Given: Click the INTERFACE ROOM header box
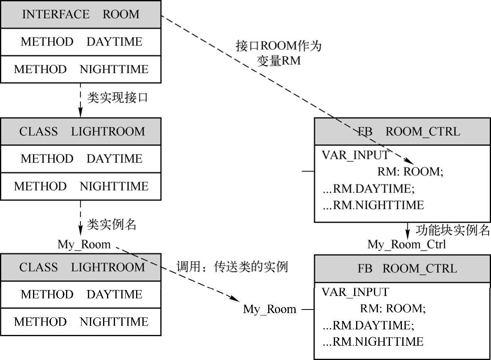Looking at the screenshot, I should pos(81,14).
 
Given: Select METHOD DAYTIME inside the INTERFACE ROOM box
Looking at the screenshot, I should pos(81,42).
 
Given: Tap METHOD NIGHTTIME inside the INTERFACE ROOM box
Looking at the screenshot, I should pos(81,69).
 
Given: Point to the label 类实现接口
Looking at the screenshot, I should pos(117,98).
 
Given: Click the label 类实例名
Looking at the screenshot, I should pos(111,225).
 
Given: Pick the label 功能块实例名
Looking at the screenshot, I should pos(452,230).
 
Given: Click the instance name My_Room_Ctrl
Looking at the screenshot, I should pos(407,244).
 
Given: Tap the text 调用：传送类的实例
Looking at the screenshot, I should pos(232,267).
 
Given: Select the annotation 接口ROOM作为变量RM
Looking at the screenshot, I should pos(279,53).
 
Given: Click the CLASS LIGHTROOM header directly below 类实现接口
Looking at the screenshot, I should pos(81,131).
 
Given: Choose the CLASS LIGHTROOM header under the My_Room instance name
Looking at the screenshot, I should pos(81,267).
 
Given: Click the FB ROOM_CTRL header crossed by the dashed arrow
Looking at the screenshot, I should pos(402,131).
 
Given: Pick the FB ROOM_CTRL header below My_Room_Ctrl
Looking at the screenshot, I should pos(402,269).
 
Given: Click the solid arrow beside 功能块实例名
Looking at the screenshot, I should pos(407,230).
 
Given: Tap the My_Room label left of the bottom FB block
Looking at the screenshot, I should pos(269,309).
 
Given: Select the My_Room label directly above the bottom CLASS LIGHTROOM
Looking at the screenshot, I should pos(84,244).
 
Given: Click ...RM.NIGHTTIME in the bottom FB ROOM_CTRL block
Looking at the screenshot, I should pos(373,341).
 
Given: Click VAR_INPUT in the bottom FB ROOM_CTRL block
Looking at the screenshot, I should pos(355,292).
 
